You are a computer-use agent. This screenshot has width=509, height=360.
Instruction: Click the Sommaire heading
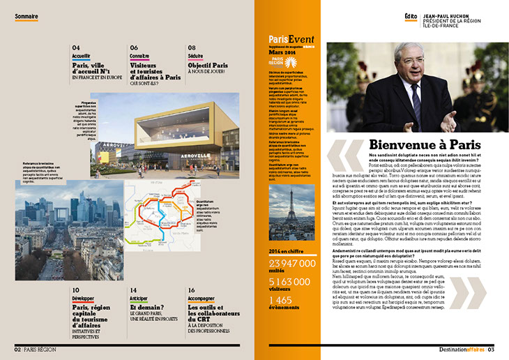(26, 15)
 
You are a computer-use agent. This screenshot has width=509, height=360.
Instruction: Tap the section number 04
(76, 47)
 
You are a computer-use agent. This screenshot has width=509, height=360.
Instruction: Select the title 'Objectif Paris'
(208, 66)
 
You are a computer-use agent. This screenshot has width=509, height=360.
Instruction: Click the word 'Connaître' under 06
(139, 55)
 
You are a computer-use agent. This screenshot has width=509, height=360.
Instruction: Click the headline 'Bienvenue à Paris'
(418, 145)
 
